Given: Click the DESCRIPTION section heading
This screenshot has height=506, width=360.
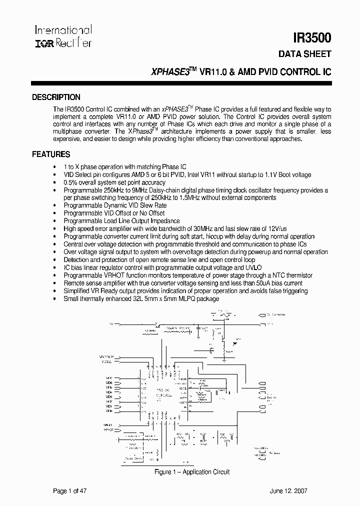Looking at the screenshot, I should coord(56,97).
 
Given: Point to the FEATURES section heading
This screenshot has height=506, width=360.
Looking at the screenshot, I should coord(51,154).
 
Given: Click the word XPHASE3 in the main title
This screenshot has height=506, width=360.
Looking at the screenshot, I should coord(170,71).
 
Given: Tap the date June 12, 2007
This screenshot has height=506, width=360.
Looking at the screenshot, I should coord(306,491).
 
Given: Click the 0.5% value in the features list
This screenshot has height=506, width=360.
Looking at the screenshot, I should coord(69,183).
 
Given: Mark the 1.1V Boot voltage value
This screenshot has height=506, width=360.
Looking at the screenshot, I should coord(281,175).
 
